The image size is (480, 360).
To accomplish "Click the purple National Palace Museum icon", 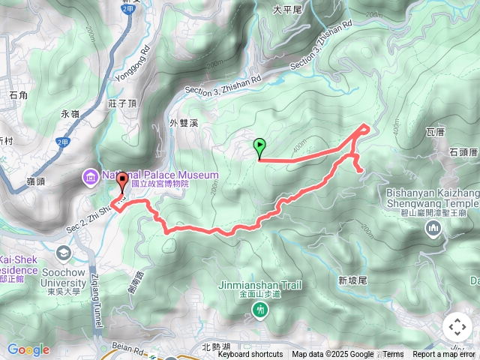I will click(89, 177).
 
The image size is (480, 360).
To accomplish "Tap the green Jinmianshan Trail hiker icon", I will click(260, 308).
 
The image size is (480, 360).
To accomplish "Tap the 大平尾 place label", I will click(286, 10).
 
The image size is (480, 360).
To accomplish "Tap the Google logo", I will click(28, 349).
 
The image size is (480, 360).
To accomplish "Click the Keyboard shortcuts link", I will click(250, 355).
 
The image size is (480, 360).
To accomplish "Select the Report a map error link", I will click(445, 355).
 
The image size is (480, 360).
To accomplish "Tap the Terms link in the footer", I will click(394, 355).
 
